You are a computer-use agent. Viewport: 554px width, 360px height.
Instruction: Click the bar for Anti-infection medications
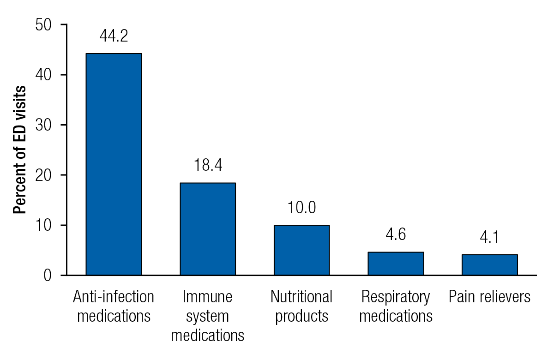(x=114, y=164)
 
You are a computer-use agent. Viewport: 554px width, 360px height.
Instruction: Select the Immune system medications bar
(x=208, y=229)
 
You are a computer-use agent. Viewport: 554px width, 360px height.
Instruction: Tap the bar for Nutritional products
(x=301, y=250)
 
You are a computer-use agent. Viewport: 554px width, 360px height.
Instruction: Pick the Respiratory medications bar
(x=396, y=264)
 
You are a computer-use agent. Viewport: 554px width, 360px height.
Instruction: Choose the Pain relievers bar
(x=489, y=265)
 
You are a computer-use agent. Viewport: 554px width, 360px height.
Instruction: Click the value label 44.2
(x=114, y=36)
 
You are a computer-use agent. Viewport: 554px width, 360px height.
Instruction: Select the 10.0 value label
(x=301, y=208)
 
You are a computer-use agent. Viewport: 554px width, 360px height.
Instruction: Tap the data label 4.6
(x=396, y=235)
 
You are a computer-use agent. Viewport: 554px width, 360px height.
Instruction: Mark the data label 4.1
(x=489, y=238)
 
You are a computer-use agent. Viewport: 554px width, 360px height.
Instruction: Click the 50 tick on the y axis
(x=45, y=25)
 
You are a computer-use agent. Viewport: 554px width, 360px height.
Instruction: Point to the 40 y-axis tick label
(x=45, y=75)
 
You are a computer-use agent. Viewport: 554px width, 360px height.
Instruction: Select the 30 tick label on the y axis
(x=45, y=125)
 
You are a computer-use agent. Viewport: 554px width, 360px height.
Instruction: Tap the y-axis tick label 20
(x=45, y=175)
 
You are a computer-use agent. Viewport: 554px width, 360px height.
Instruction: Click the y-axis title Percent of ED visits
(x=19, y=150)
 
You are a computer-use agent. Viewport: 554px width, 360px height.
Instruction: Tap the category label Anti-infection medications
(x=114, y=306)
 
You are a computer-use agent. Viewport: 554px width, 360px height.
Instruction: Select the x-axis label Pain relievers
(x=489, y=297)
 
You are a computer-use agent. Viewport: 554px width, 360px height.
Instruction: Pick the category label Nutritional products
(x=301, y=306)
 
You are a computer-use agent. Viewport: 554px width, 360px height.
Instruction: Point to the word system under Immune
(x=208, y=317)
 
